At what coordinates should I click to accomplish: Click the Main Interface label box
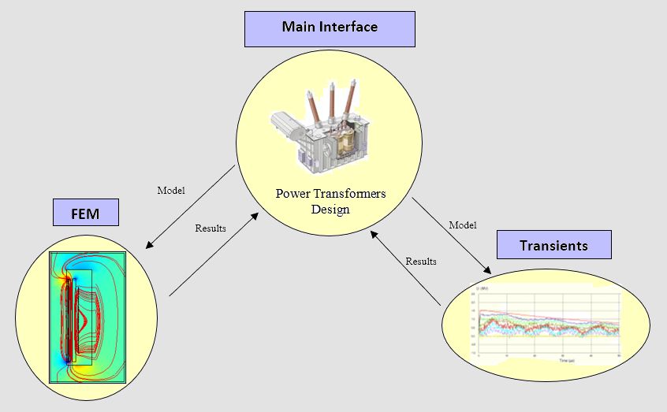tap(330, 28)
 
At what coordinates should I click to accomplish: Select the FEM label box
tap(85, 213)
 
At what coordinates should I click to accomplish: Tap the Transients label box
tap(553, 245)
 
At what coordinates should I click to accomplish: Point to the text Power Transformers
tap(330, 194)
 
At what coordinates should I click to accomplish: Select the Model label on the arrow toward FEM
tap(171, 191)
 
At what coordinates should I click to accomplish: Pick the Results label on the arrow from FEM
tap(211, 228)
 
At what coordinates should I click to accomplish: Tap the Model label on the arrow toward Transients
tap(463, 225)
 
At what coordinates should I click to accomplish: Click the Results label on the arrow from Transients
tap(421, 261)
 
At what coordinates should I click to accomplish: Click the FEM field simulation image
tap(88, 316)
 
